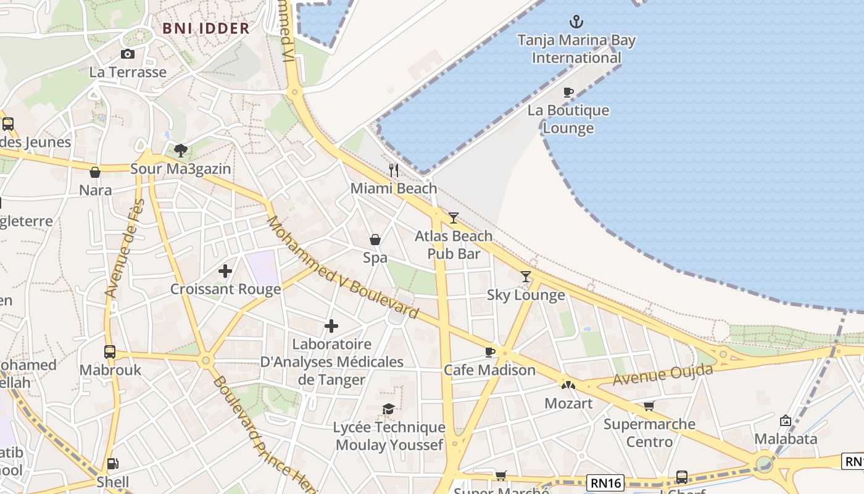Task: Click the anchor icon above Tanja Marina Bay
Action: click(576, 22)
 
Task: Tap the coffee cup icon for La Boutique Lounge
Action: click(568, 93)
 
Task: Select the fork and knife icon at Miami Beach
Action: click(394, 170)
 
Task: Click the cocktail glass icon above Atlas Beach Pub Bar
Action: click(454, 217)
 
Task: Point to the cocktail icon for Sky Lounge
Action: click(525, 277)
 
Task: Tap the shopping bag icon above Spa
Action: click(375, 240)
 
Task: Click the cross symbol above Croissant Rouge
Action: click(225, 270)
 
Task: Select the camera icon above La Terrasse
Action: click(128, 54)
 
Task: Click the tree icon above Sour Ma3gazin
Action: click(180, 150)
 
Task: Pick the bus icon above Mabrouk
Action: click(110, 352)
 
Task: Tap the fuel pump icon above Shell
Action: click(112, 464)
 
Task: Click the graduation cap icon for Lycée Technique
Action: click(388, 409)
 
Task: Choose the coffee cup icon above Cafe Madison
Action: click(489, 352)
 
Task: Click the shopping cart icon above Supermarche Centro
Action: click(649, 406)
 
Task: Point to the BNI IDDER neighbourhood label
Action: click(206, 28)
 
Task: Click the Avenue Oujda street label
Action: click(663, 375)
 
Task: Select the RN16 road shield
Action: click(605, 482)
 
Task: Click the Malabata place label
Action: click(786, 439)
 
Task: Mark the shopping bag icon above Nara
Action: click(95, 172)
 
